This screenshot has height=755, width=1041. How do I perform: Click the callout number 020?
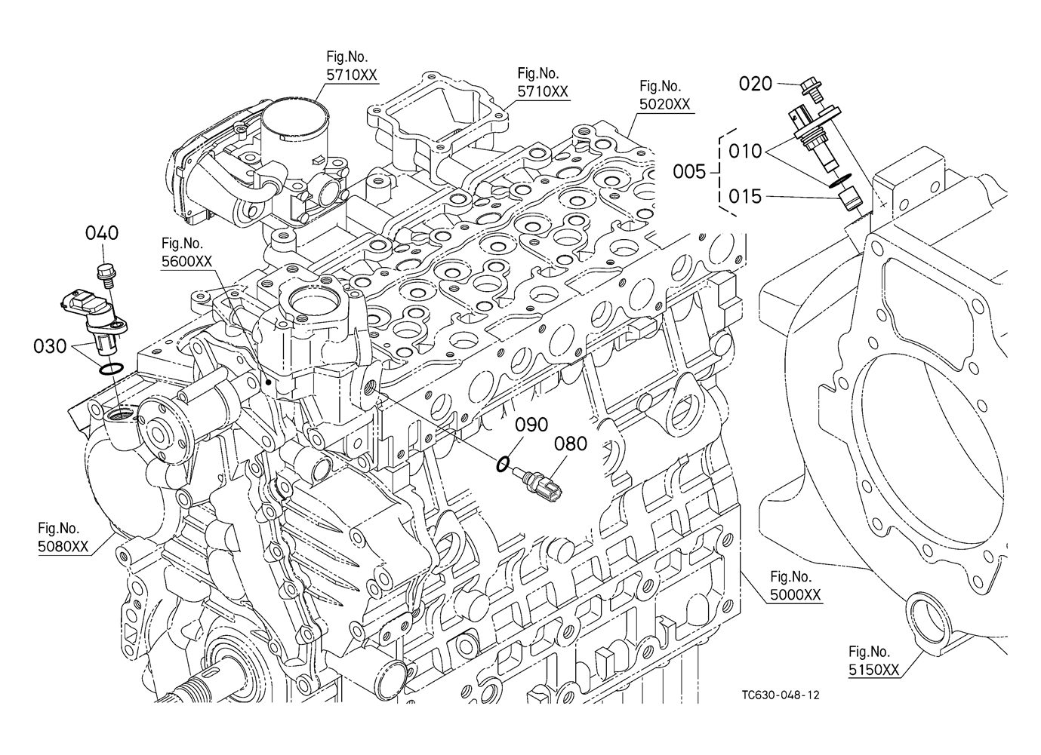755,84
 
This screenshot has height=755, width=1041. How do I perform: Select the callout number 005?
690,172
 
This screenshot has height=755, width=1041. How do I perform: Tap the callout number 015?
745,197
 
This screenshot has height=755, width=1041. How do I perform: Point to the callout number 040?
102,233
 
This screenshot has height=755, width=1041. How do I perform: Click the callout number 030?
50,346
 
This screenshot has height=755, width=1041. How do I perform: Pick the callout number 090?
531,425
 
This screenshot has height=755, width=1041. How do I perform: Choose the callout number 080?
571,444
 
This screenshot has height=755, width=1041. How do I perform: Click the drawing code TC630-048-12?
781,695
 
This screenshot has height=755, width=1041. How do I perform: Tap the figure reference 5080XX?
63,547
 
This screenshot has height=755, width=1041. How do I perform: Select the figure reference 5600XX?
186,262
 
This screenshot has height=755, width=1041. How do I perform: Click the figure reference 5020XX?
665,104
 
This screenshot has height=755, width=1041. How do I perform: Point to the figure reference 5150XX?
873,670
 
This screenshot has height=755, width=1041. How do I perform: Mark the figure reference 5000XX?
796,595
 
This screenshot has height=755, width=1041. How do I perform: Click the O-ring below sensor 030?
112,369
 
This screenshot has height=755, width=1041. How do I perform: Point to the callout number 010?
745,152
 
